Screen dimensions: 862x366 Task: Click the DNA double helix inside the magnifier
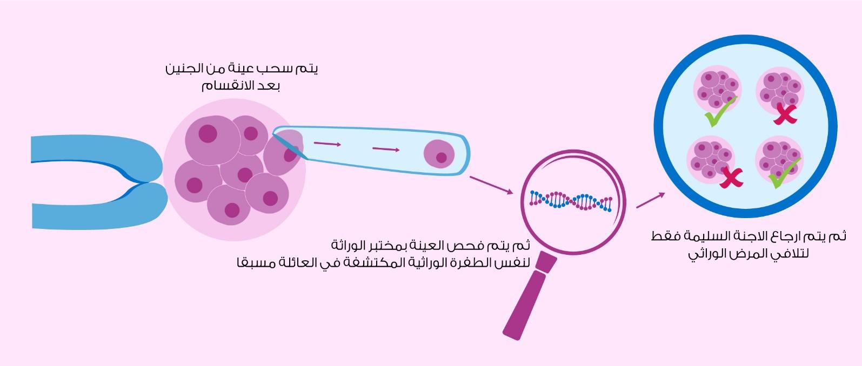pos(570,201)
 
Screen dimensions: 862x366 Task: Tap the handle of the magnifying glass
pos(529,296)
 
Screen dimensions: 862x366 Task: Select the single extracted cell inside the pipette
pos(439,154)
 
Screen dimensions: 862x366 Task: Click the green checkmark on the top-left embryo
pos(720,112)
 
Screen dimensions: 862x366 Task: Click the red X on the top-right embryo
pos(785,114)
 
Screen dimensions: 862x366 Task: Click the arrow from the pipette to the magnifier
pos(491,185)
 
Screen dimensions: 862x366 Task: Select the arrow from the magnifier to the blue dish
pos(650,200)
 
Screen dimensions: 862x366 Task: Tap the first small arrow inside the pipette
pos(328,144)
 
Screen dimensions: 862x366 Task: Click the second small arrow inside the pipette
pos(386,149)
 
